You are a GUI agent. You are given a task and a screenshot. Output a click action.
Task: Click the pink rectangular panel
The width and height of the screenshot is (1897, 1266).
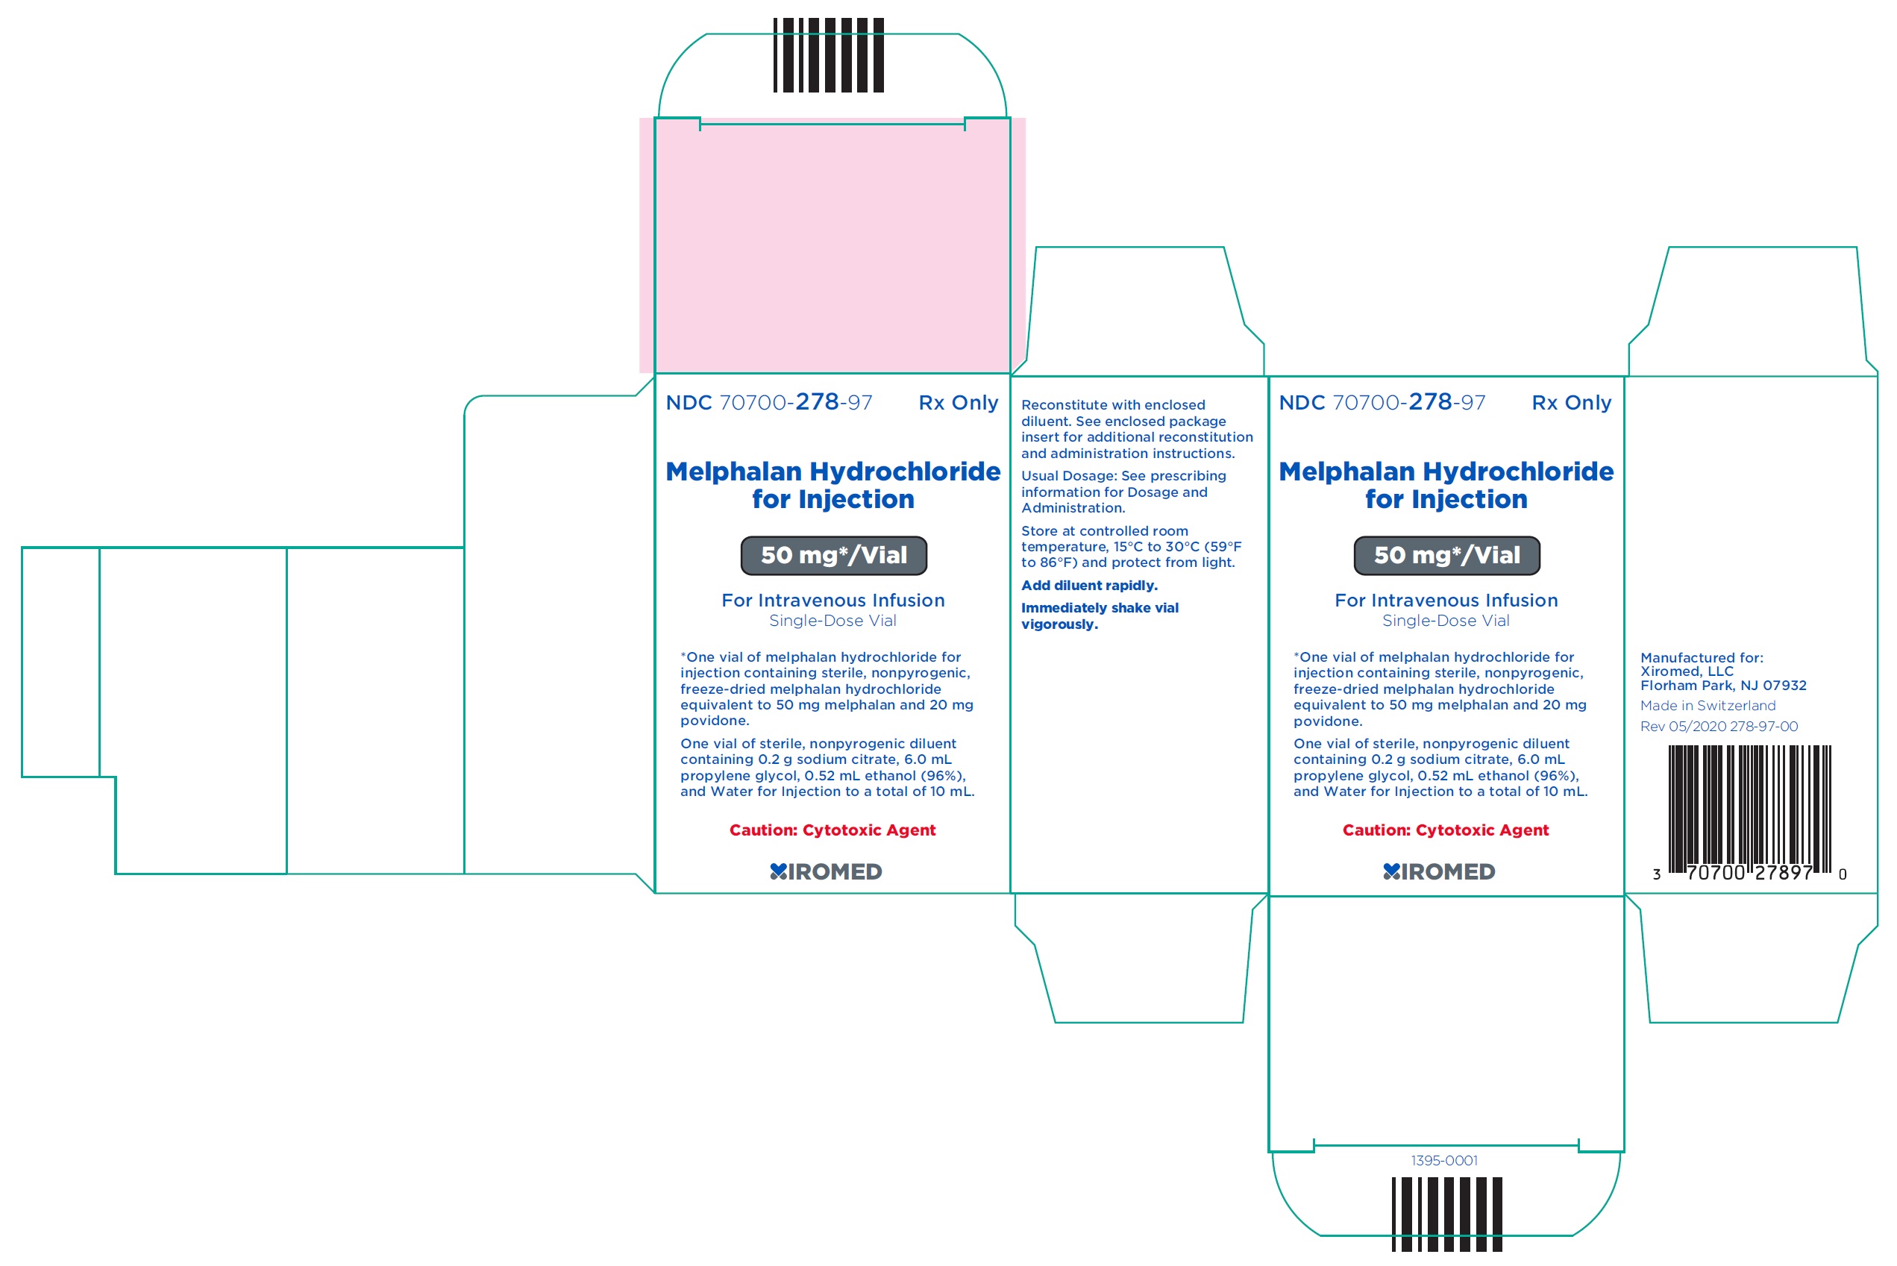[x=833, y=245]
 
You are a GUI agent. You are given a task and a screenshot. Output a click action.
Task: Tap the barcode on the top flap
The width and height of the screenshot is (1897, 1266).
[x=828, y=55]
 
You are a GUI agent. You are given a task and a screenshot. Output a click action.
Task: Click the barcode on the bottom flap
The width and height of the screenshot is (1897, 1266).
[x=1446, y=1215]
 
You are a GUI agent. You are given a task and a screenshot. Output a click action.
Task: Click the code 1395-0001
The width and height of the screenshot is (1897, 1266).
[x=1444, y=1160]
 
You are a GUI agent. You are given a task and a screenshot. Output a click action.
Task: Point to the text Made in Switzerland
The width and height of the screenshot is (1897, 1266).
[x=1708, y=706]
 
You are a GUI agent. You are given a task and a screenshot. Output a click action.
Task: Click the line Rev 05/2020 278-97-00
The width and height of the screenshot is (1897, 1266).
[x=1719, y=727]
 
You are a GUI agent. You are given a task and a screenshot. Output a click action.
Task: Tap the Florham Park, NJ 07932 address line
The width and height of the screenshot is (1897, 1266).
[x=1722, y=686]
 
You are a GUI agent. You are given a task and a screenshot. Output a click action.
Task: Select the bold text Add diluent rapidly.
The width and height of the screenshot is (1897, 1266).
[x=1089, y=586]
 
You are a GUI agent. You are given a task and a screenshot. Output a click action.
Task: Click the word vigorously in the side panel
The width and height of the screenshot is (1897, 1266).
[x=1059, y=624]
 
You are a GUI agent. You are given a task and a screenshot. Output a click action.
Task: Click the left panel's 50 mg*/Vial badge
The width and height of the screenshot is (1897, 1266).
[x=833, y=556]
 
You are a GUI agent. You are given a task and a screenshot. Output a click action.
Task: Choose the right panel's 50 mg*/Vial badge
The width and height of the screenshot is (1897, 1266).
[x=1446, y=556]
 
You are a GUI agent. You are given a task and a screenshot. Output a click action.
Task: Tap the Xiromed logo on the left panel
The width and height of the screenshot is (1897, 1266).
[x=826, y=872]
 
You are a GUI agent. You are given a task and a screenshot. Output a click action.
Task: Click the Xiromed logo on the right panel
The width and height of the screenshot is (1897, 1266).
[x=1438, y=872]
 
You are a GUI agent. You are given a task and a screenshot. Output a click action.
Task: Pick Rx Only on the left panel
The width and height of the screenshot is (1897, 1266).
[x=958, y=402]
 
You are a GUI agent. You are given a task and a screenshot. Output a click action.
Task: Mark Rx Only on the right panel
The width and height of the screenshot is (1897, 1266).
[x=1571, y=402]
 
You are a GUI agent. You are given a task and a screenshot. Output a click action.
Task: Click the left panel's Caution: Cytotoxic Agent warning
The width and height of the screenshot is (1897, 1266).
[x=833, y=830]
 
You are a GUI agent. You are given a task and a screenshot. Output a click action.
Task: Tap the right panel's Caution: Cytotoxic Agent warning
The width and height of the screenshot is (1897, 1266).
[x=1445, y=830]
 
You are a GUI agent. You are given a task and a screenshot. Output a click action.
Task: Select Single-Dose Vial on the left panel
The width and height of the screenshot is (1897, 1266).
[x=833, y=621]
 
